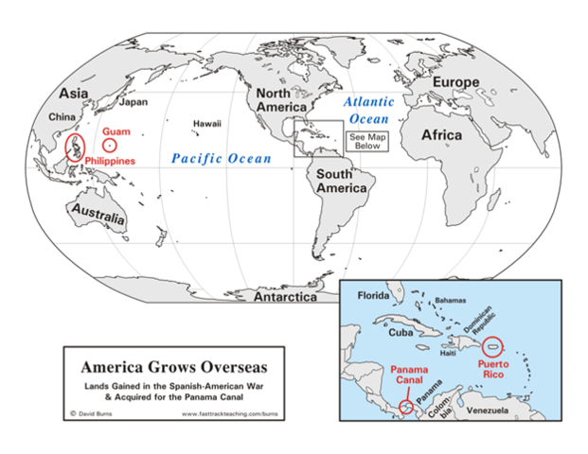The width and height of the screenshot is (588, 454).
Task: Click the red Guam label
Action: pyautogui.click(x=117, y=132)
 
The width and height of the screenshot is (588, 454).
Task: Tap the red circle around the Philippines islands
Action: pyautogui.click(x=73, y=148)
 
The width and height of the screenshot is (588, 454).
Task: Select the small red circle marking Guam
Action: pyautogui.click(x=111, y=147)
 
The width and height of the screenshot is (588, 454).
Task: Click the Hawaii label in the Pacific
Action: pyautogui.click(x=206, y=124)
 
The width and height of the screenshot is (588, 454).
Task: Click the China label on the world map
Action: pyautogui.click(x=64, y=118)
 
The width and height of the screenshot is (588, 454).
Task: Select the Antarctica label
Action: pyautogui.click(x=284, y=297)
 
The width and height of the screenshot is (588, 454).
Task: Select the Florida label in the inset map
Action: pyautogui.click(x=373, y=296)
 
